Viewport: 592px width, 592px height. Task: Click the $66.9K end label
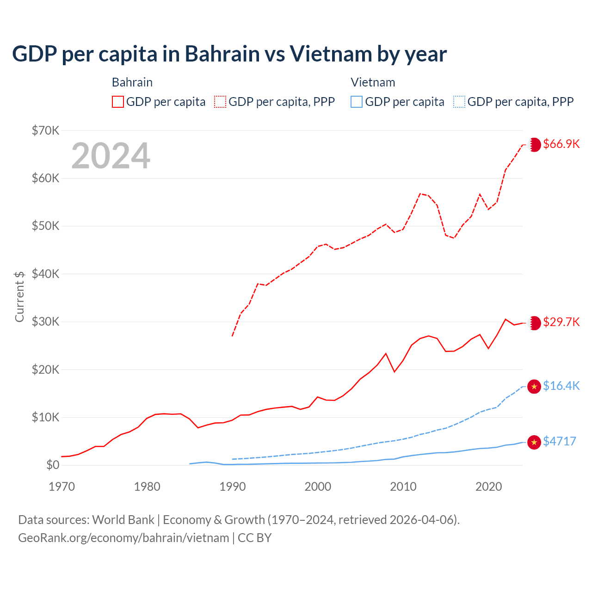[561, 144]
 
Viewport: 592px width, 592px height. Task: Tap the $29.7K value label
[561, 322]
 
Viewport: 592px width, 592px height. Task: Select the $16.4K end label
[561, 386]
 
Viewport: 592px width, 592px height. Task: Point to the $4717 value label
[560, 441]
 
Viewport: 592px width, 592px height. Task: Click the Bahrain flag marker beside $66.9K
[535, 144]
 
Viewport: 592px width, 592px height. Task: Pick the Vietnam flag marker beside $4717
[534, 442]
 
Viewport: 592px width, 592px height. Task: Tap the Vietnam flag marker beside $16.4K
[534, 387]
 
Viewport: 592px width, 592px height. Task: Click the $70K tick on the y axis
[45, 130]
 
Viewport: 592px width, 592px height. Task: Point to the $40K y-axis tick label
[45, 274]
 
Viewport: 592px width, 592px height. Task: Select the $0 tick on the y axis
[53, 465]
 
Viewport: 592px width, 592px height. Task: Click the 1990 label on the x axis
[233, 487]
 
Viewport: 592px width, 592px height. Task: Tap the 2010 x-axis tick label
[403, 487]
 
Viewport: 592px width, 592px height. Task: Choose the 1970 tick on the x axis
[62, 487]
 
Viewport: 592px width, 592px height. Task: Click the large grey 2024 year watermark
[111, 156]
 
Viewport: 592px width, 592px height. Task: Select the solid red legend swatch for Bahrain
[118, 102]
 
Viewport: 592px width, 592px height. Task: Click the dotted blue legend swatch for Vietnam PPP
[459, 102]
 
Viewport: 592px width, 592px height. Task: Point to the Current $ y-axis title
[19, 296]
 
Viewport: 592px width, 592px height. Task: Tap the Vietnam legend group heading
[373, 82]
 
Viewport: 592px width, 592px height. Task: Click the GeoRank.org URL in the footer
[123, 538]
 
